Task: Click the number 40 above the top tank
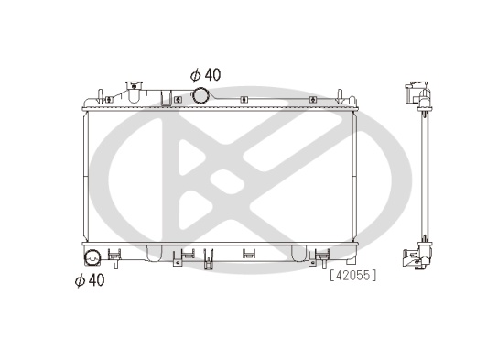tap(212, 75)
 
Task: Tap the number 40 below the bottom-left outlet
tap(96, 280)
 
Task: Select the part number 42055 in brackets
tap(352, 275)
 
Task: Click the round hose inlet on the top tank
tap(200, 95)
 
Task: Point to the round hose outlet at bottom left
tap(92, 257)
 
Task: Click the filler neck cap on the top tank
tap(134, 85)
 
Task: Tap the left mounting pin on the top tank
tap(100, 96)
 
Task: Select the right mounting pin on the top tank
tap(340, 96)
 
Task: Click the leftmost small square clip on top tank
tap(109, 100)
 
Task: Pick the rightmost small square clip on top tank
tap(313, 100)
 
